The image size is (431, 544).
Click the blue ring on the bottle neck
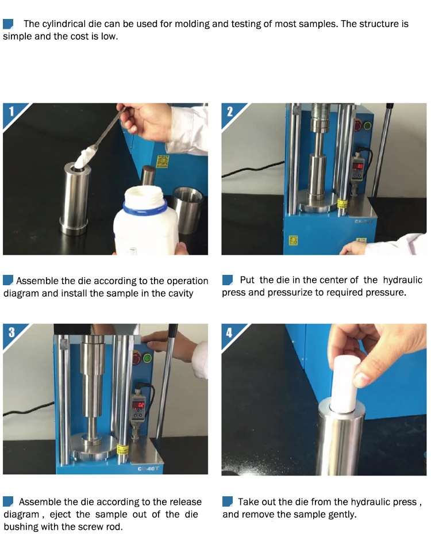tap(145, 207)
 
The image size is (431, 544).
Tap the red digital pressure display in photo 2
tap(359, 167)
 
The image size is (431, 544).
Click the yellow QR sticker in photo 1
tap(163, 162)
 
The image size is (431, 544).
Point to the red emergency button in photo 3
tap(137, 359)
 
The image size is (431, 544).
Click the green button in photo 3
tap(148, 358)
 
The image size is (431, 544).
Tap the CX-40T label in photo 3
tap(148, 469)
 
